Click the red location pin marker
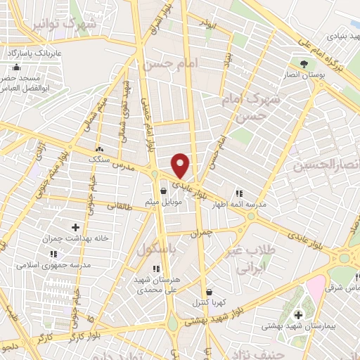point(181,165)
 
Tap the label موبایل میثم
point(163,202)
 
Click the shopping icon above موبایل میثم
point(163,191)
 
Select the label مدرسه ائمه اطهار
point(238,205)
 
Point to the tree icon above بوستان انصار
point(304,64)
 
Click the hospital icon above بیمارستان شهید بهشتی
point(298,314)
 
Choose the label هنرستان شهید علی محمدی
point(156,283)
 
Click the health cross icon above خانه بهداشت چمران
point(75,227)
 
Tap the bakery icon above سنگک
point(99,149)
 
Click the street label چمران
point(201,231)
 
